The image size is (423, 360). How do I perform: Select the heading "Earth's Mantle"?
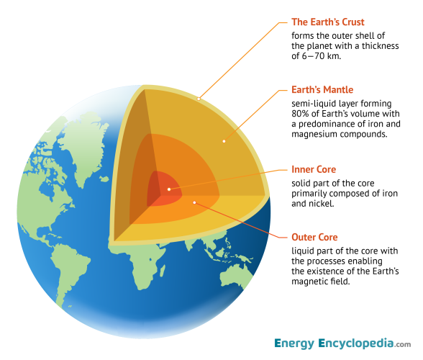[322, 90]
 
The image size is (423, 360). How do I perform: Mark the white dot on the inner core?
[169, 189]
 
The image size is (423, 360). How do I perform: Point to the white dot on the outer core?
[194, 202]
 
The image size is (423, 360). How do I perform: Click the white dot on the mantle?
[224, 141]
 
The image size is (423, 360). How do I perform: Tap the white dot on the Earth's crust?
[199, 96]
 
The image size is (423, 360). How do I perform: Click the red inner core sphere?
[162, 189]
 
